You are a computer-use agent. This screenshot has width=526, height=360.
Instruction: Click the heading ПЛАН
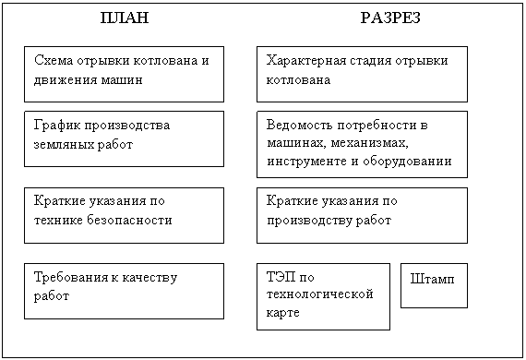point(125,18)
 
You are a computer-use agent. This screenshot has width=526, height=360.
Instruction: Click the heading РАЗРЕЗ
point(390,18)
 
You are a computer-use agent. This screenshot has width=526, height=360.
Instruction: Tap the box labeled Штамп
point(434,285)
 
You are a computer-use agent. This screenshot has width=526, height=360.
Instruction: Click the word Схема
point(54,60)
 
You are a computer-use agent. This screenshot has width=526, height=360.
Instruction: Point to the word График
point(57,126)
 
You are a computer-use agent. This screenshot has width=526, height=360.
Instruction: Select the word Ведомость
point(300,126)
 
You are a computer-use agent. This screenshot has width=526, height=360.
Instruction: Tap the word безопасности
point(129,220)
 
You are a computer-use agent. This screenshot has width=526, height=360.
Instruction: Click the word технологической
point(319,294)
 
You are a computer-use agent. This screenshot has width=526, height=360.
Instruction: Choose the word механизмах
point(370,143)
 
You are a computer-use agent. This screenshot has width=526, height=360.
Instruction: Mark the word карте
point(282,313)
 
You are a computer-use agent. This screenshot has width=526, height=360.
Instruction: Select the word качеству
point(149,278)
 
